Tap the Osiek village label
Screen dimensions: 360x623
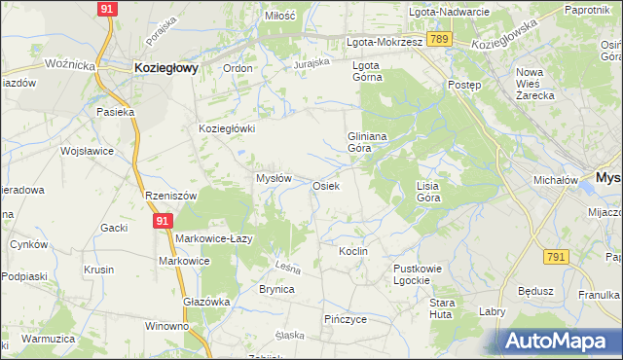tap(325, 186)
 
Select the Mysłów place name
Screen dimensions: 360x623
tap(274, 178)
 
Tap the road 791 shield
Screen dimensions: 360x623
tap(556, 256)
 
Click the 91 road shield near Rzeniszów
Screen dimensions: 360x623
tap(161, 223)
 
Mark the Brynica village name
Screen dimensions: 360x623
tap(276, 289)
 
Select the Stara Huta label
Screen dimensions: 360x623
tap(443, 308)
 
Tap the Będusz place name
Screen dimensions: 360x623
tap(535, 290)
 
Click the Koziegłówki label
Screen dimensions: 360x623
tap(227, 128)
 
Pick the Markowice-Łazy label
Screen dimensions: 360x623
tap(215, 238)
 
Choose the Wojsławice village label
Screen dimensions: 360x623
tap(89, 152)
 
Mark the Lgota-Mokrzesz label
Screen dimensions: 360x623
tap(385, 43)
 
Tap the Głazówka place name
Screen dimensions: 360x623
tap(206, 302)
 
